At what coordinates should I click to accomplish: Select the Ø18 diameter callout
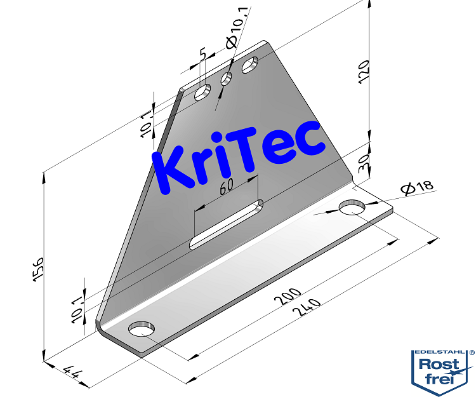[x=417, y=187]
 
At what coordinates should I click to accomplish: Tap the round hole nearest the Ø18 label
[x=353, y=208]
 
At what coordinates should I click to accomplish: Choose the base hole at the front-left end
[x=142, y=329]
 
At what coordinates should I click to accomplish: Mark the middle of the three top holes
[x=226, y=79]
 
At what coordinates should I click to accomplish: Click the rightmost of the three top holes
[x=250, y=65]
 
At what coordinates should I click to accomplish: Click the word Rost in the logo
[x=440, y=365]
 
